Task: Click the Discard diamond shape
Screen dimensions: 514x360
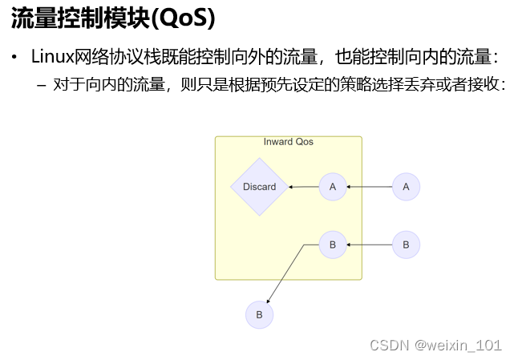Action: coord(259,187)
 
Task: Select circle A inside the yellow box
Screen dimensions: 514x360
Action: coord(333,187)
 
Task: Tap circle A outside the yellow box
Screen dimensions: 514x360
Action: coord(406,187)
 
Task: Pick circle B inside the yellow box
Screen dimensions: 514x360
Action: coord(333,245)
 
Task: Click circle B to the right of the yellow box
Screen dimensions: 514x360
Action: coord(406,245)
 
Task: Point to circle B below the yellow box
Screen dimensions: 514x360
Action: coord(259,315)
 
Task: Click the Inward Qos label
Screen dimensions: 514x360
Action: coord(289,142)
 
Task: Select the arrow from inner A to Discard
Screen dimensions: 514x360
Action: coord(305,187)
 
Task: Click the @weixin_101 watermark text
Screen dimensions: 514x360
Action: coord(458,345)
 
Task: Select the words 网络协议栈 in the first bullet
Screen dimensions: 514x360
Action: coord(107,57)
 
